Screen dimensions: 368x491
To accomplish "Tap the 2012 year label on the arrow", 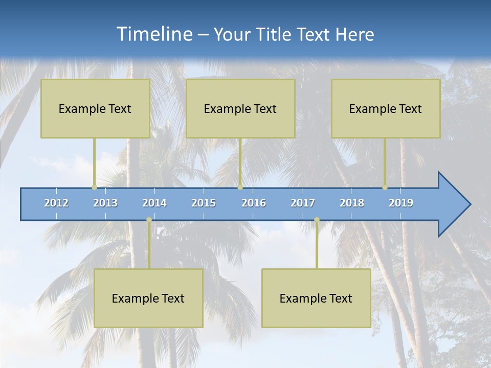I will [x=56, y=203].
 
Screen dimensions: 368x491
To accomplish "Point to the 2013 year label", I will [x=105, y=203].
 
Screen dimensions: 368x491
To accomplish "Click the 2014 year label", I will [x=154, y=203].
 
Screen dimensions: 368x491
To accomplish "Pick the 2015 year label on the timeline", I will [x=204, y=203].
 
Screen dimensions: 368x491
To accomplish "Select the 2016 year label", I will [x=254, y=203].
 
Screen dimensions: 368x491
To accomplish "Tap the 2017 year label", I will [x=303, y=203].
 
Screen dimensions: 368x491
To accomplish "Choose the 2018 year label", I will [x=352, y=203].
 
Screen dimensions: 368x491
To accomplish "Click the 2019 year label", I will [x=401, y=203].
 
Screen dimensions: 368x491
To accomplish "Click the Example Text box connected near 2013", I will [x=95, y=108].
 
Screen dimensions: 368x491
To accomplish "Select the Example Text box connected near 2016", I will [x=240, y=108].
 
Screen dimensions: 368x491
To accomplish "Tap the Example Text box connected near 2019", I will [x=386, y=108].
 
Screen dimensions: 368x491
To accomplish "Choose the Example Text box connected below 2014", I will [x=148, y=298].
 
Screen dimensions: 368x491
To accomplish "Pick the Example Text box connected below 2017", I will [x=316, y=298].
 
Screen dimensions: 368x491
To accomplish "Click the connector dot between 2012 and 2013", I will [x=94, y=188].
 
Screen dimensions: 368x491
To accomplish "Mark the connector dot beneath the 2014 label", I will [x=149, y=220].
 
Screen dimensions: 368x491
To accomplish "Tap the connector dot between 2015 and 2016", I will [x=240, y=188].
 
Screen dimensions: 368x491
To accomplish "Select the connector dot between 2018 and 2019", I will [x=385, y=188].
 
